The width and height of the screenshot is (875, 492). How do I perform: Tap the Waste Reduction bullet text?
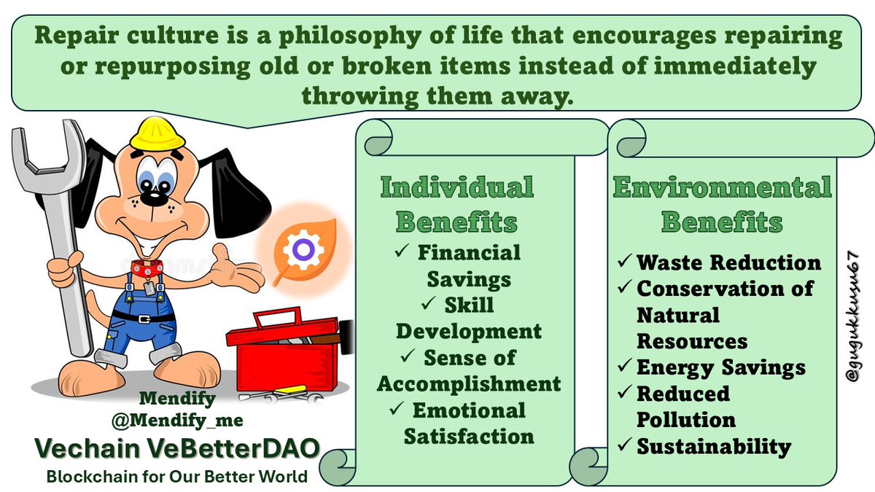click(728, 262)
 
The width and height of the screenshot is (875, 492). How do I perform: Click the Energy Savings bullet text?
click(720, 367)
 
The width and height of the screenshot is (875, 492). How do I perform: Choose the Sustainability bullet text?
click(714, 446)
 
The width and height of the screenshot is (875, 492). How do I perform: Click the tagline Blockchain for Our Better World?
click(176, 477)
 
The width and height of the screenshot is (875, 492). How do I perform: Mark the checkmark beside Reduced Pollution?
click(624, 394)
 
